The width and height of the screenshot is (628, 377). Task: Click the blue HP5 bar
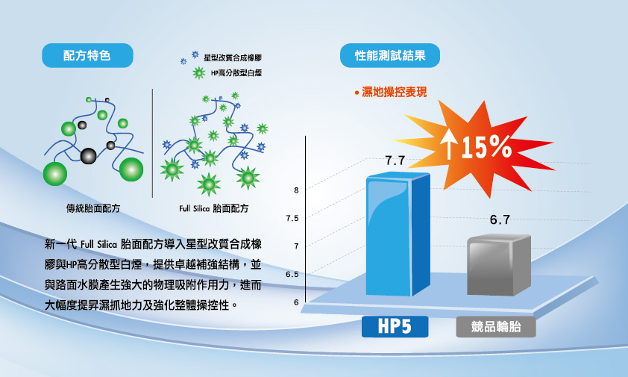(x=398, y=234)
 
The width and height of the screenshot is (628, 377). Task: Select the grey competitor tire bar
(x=499, y=266)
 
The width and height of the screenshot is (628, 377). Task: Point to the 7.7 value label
(x=395, y=161)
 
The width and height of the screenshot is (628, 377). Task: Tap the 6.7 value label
(x=500, y=219)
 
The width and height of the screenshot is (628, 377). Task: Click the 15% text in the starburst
(x=486, y=147)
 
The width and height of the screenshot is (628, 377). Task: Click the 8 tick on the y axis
(x=296, y=190)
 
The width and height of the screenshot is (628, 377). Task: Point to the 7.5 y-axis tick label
(x=292, y=218)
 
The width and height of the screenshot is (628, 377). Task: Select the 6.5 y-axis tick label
(x=292, y=274)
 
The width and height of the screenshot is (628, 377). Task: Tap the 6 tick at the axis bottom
(x=296, y=302)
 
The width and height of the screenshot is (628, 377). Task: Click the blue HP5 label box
(x=395, y=326)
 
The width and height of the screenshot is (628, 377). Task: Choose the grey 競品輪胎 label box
(x=496, y=326)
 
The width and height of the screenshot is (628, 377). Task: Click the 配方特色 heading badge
(x=87, y=55)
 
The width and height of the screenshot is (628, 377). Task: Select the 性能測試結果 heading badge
(x=390, y=55)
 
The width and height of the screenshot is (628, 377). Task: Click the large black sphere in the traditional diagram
(x=88, y=156)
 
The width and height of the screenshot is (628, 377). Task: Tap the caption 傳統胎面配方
(x=93, y=208)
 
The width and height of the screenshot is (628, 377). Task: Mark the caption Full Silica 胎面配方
(x=214, y=208)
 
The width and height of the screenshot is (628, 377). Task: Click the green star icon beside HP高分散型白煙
(x=198, y=73)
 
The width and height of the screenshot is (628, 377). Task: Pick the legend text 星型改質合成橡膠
(x=233, y=57)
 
